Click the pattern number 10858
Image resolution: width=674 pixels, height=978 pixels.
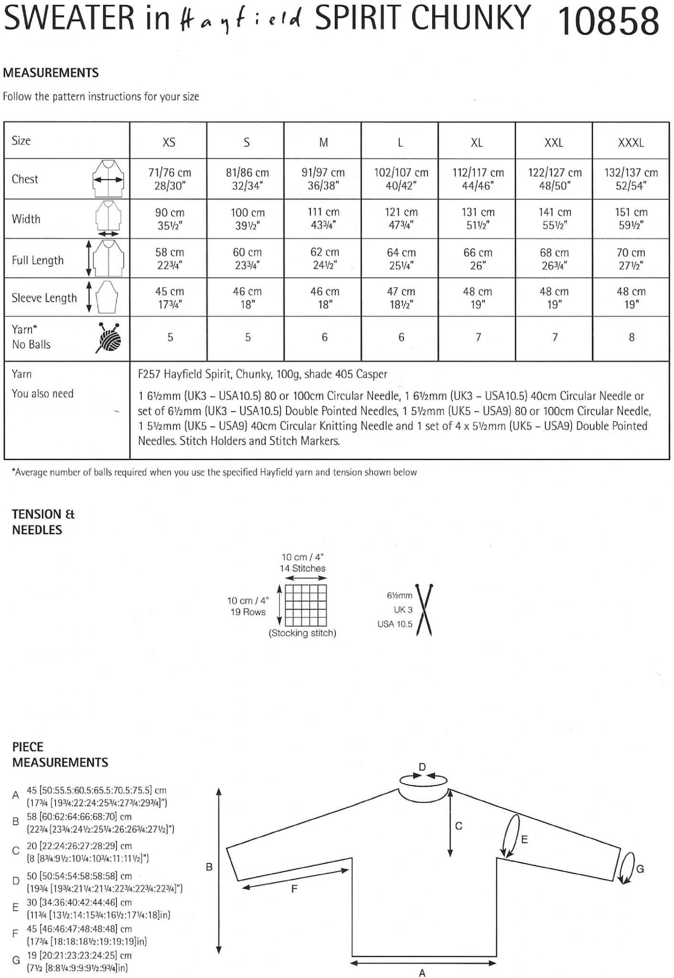608,21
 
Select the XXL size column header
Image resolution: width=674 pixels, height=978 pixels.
554,142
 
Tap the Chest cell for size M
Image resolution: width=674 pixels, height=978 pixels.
323,179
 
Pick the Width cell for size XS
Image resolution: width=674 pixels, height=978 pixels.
170,219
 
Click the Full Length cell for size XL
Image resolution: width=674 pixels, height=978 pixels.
477,259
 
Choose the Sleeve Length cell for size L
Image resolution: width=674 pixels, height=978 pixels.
401,298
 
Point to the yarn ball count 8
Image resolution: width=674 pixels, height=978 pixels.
631,337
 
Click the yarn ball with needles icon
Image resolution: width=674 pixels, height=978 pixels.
109,338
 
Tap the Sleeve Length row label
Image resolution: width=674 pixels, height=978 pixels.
44,298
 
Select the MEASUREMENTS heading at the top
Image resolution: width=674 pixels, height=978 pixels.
51,73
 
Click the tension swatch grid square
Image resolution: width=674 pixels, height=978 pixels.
306,605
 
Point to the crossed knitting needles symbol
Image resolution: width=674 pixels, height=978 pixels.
424,609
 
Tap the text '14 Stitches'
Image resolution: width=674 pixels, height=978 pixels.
302,568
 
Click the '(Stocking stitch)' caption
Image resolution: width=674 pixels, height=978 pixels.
302,633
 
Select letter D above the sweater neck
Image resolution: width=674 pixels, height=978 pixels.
422,766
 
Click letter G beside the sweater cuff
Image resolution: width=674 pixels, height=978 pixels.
640,869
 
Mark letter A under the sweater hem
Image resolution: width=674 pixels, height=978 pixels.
422,973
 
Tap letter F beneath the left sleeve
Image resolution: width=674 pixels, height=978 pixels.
294,888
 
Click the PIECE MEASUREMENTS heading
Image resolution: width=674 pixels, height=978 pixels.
60,755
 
